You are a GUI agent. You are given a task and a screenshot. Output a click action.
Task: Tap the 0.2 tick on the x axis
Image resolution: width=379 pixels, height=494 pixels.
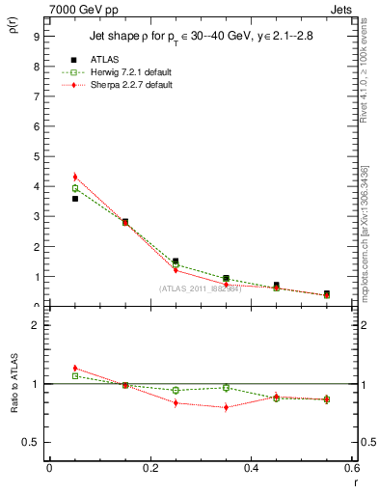150,467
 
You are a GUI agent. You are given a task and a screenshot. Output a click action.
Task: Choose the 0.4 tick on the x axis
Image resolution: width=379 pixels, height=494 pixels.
252,467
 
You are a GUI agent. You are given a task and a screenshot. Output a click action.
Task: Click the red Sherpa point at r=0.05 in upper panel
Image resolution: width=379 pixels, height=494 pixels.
75,177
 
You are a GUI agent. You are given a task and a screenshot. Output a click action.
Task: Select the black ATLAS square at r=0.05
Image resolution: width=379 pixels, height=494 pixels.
75,199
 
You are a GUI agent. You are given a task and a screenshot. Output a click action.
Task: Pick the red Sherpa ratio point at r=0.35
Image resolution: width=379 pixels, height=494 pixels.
226,407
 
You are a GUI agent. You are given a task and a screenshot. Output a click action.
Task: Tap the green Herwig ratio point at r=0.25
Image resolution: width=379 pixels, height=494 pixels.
176,390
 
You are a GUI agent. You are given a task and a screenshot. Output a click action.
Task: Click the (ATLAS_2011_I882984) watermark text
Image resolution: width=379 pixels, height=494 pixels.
200,288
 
